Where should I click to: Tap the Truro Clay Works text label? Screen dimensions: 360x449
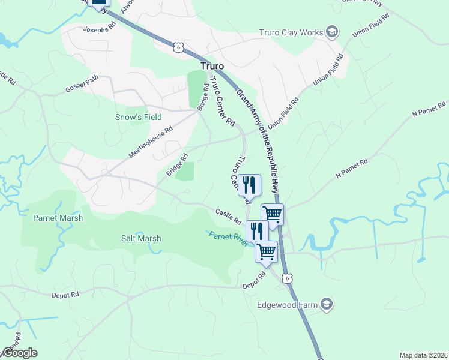point(291,32)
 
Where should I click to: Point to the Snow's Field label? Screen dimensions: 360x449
point(139,117)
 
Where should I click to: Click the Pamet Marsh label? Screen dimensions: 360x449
point(58,218)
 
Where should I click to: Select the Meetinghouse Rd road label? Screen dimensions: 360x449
point(150,142)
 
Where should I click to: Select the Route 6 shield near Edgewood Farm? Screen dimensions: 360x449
point(289,278)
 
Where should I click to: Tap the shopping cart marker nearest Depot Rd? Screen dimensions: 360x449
point(266,252)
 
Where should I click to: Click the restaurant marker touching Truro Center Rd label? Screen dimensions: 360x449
point(249,185)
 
